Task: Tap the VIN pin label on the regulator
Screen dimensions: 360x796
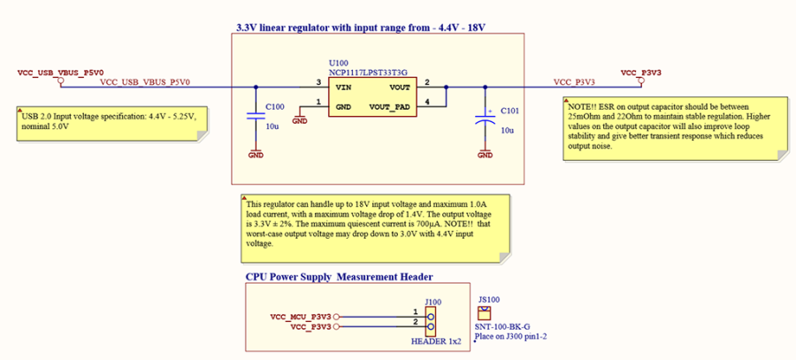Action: [342, 87]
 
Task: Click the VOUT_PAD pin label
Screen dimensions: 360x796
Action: [390, 106]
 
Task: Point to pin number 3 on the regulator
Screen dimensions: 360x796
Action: [318, 82]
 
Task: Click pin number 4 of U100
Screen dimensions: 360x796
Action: [427, 103]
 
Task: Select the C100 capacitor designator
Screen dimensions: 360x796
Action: [275, 106]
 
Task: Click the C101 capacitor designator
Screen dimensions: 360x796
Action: [510, 111]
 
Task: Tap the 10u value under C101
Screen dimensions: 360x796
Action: [507, 130]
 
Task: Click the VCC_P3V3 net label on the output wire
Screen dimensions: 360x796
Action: [574, 82]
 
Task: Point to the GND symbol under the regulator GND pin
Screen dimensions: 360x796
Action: [300, 119]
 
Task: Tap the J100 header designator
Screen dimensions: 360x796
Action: [433, 302]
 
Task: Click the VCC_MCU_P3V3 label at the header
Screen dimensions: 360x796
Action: [300, 315]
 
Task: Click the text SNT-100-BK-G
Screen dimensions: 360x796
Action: [501, 326]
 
